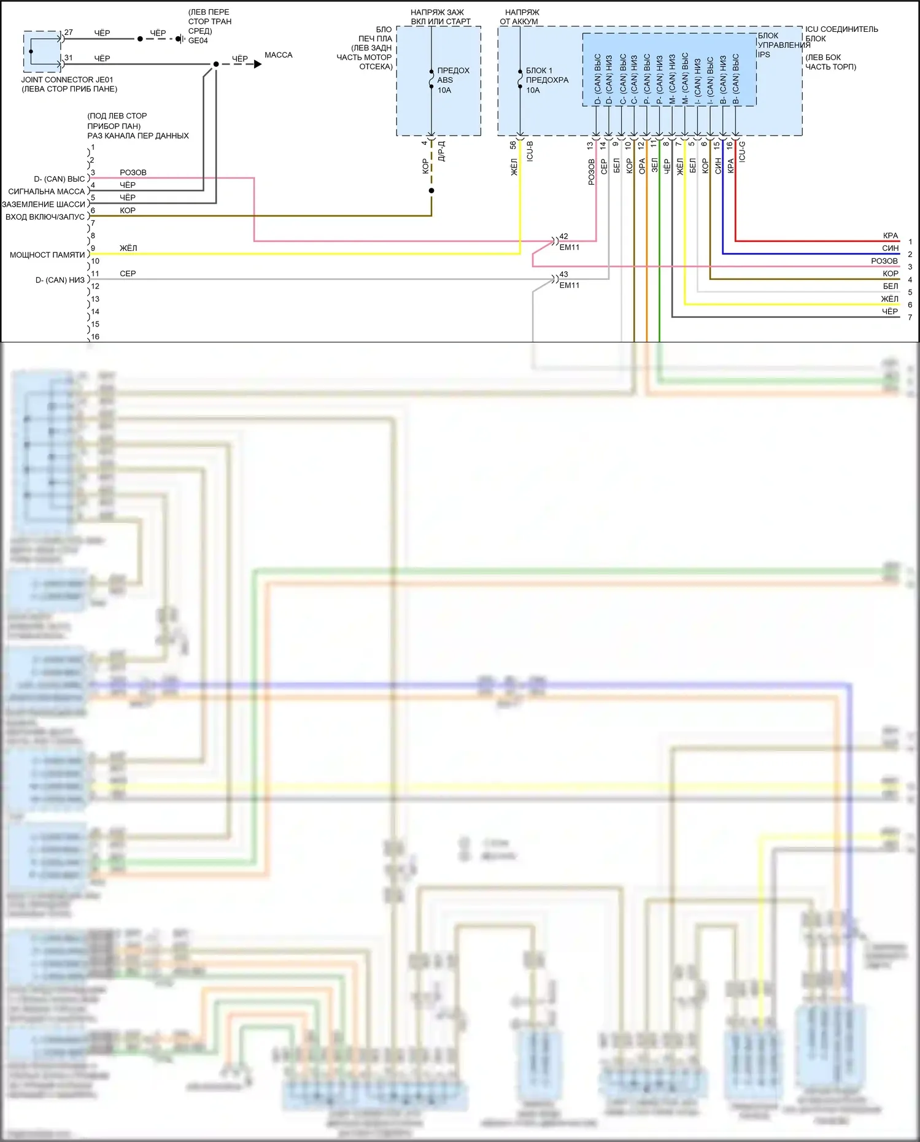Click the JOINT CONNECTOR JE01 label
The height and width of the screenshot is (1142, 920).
coord(67,80)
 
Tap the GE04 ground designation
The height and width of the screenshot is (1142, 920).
coord(198,41)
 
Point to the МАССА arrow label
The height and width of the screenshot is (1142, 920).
coord(278,55)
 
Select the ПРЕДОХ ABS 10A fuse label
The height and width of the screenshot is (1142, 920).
coord(453,80)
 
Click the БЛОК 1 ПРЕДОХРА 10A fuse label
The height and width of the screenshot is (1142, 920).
coord(547,80)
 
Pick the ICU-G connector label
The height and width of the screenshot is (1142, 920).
coord(742,151)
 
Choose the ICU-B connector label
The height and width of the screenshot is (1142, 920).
coord(530,151)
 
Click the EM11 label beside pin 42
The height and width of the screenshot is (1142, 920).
coord(569,247)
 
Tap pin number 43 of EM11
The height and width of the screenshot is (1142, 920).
coord(563,274)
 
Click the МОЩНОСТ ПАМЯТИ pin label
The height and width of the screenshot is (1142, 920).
coord(47,255)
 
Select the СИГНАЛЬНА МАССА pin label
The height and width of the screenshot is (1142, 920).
coord(47,191)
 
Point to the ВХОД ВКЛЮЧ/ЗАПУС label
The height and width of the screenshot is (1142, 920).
coord(45,217)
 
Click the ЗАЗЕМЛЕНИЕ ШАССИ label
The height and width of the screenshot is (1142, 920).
coord(44,204)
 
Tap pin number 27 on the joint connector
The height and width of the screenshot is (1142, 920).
coord(69,33)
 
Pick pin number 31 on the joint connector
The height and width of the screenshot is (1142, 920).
coord(69,58)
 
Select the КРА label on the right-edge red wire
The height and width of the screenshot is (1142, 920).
coord(890,236)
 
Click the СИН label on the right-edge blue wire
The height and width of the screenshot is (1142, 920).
coord(890,248)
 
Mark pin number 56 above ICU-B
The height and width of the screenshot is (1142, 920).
coord(513,145)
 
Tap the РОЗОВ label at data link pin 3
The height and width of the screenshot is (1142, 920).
coord(133,172)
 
